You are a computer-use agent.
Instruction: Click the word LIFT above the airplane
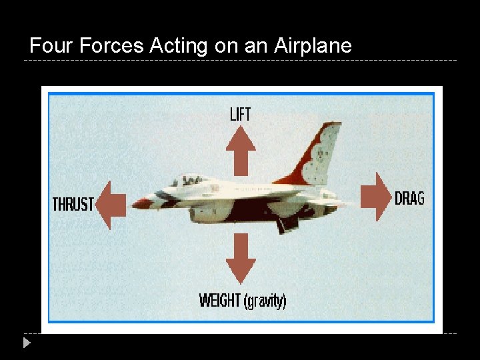tap(240, 114)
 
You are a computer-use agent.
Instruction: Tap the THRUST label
tap(73, 204)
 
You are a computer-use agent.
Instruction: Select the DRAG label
tap(409, 198)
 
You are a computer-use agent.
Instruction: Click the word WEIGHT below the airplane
tap(220, 301)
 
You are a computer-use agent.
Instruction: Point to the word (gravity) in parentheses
tap(265, 301)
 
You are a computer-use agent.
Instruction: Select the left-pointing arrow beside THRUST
tap(111, 205)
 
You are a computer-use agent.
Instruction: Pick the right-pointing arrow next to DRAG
tap(376, 197)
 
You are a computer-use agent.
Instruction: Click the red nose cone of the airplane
tap(141, 203)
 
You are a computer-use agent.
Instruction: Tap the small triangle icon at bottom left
tap(26, 343)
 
